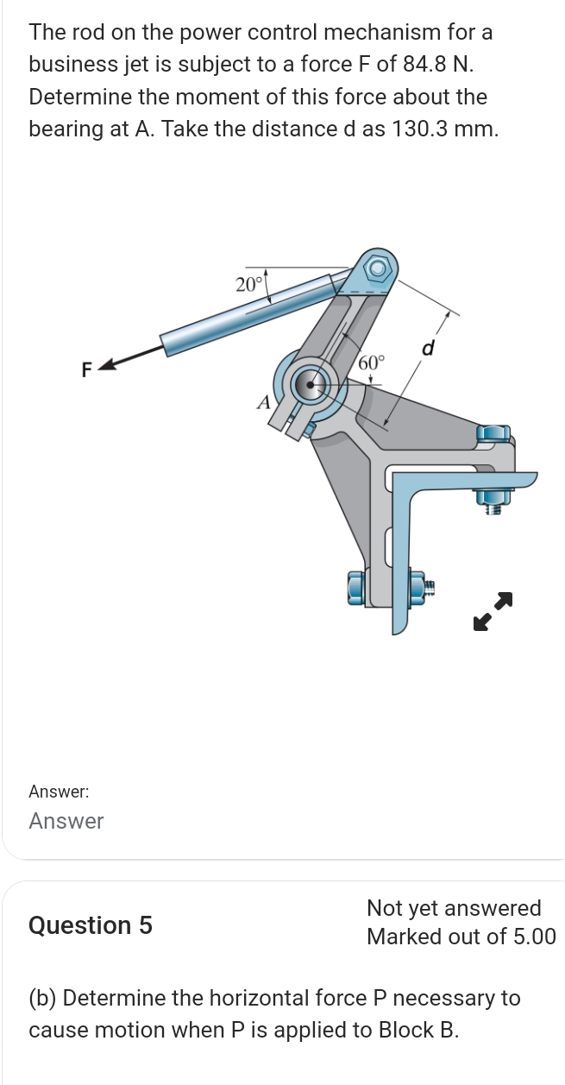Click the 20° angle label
pyautogui.click(x=248, y=284)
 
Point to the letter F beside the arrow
pyautogui.click(x=85, y=370)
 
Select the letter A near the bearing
pyautogui.click(x=264, y=401)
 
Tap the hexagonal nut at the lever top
pyautogui.click(x=376, y=269)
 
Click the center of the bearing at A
pyautogui.click(x=309, y=382)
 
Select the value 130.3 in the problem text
pyautogui.click(x=419, y=129)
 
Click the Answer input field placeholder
pyautogui.click(x=66, y=821)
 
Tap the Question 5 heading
pyautogui.click(x=91, y=925)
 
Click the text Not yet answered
pyautogui.click(x=454, y=908)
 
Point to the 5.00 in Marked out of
pyautogui.click(x=529, y=937)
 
